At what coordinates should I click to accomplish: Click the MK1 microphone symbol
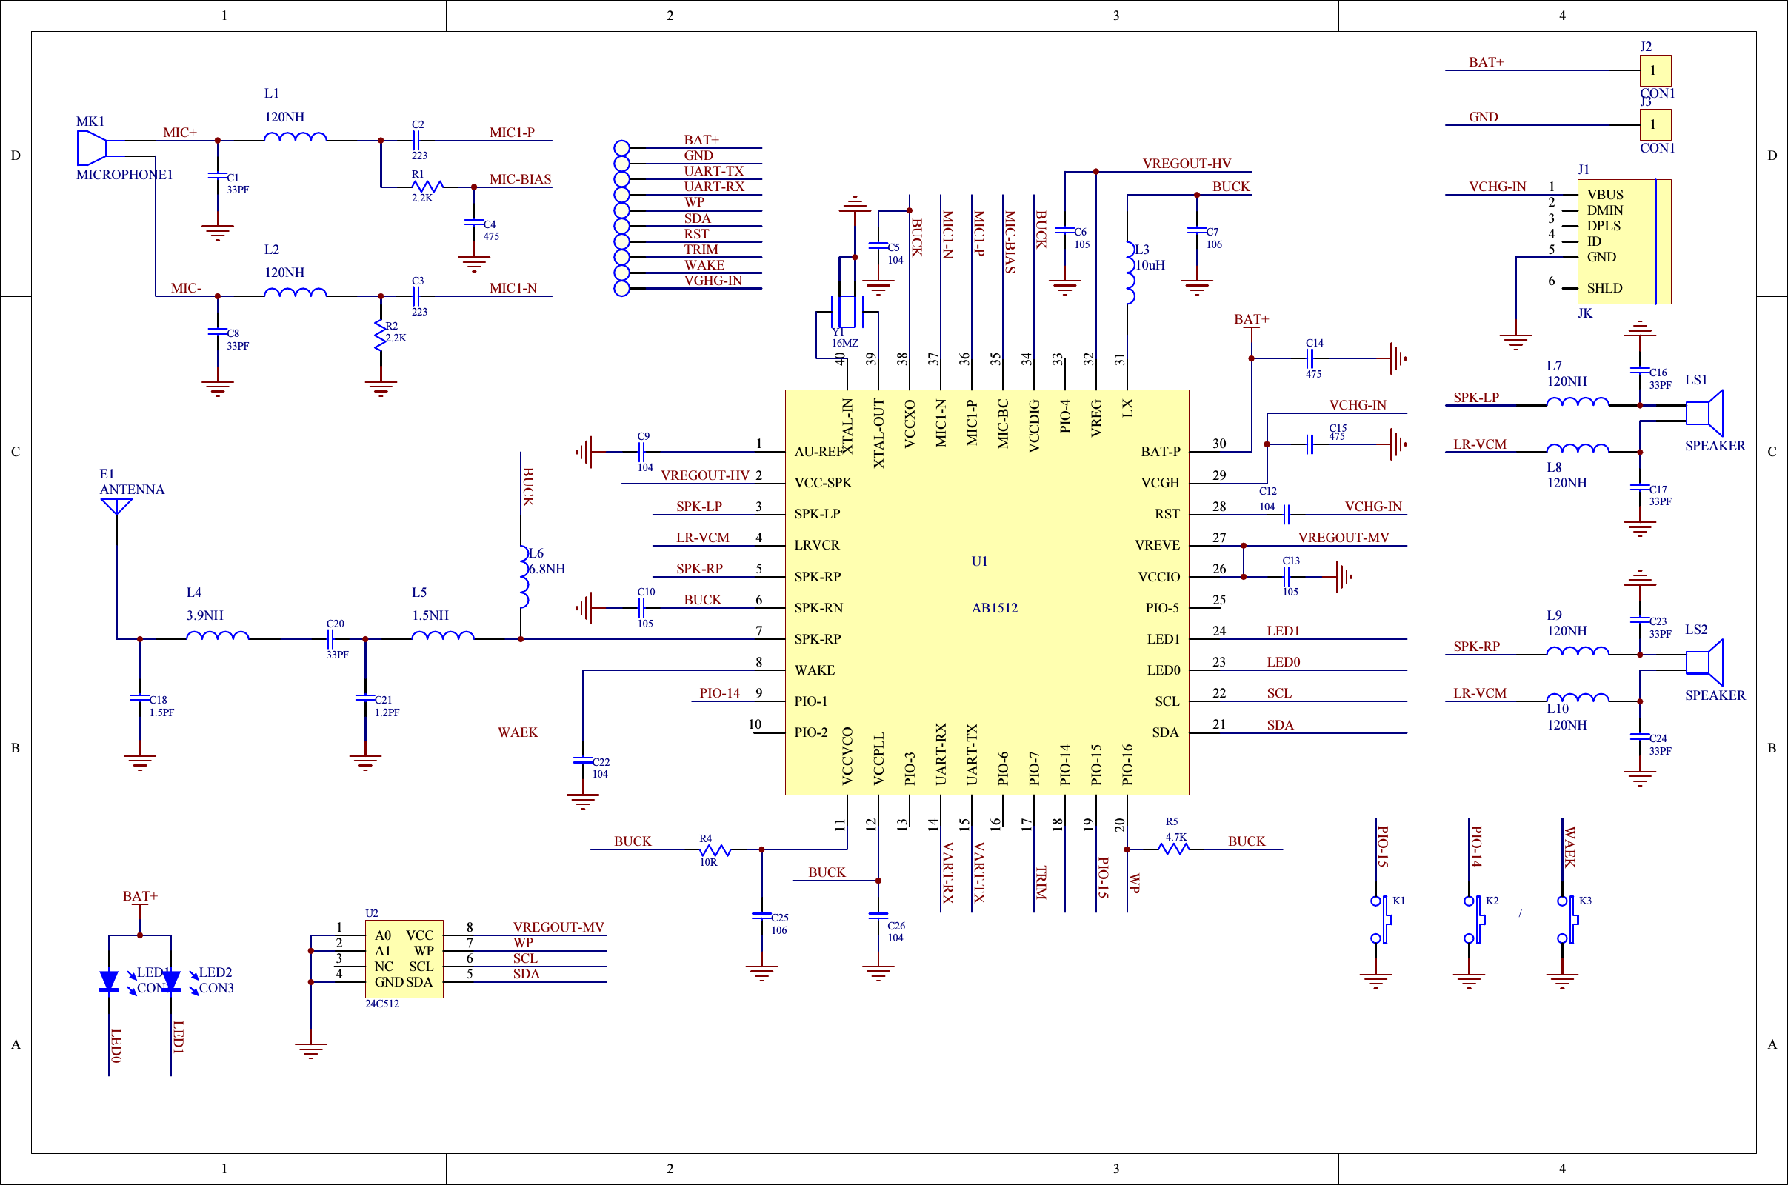91,147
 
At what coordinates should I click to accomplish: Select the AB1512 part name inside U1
995,607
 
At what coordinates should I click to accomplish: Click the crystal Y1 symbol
847,311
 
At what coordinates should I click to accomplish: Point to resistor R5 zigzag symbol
1174,849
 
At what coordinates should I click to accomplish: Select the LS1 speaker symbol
1705,413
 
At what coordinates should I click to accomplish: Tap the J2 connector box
1655,70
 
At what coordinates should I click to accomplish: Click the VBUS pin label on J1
1605,194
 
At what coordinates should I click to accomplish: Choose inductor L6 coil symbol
524,576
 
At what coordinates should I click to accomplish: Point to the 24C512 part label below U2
381,1004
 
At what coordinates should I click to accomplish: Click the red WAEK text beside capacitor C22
518,732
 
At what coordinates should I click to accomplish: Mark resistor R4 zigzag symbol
715,849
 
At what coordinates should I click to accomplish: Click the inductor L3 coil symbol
1130,273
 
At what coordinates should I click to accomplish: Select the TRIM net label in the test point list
701,250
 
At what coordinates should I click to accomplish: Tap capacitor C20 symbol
330,639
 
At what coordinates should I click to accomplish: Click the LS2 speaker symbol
1705,662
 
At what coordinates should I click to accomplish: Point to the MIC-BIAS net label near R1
520,179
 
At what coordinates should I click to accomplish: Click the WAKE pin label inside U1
815,670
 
